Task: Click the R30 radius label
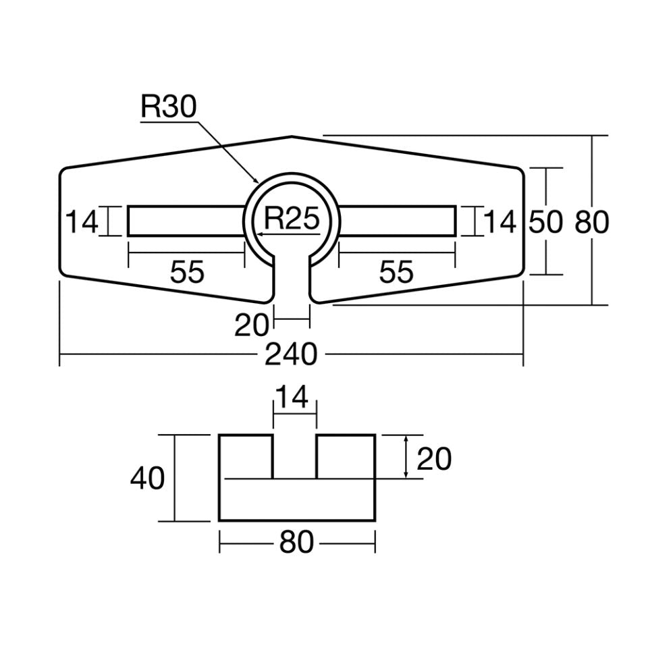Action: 168,107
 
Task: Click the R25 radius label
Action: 291,219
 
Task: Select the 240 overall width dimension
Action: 290,354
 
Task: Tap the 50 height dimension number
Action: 545,222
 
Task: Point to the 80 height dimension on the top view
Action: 592,222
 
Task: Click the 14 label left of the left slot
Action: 82,221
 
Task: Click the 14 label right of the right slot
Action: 500,221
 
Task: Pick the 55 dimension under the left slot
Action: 187,272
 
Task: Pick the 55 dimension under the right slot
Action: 396,272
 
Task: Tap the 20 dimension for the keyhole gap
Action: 252,325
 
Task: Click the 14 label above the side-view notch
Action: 294,398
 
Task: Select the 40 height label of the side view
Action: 147,479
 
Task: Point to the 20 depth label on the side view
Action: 434,459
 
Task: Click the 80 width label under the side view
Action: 296,542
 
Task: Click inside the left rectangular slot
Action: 186,221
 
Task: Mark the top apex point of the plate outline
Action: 292,136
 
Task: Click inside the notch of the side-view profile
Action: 294,456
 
